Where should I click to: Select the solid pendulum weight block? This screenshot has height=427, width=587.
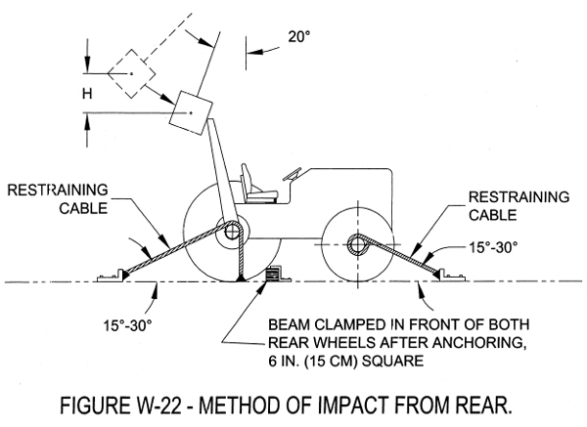click(x=191, y=114)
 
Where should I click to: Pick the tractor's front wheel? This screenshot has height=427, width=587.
click(x=356, y=242)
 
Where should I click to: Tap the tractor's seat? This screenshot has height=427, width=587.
click(x=259, y=187)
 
